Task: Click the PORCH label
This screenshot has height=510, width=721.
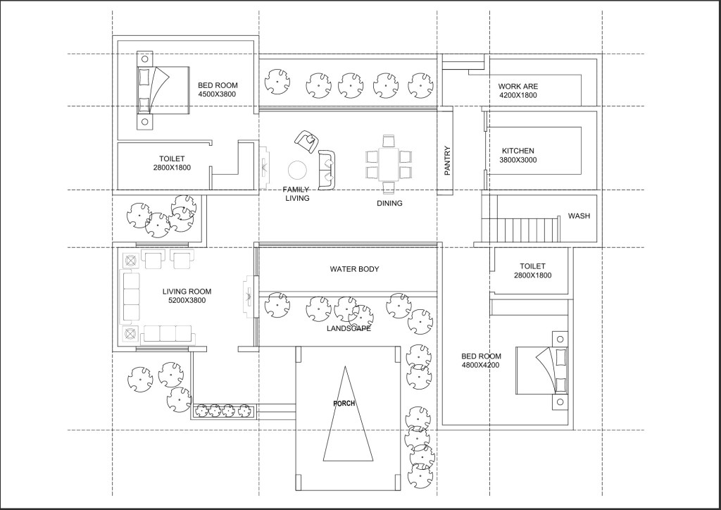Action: [344, 404]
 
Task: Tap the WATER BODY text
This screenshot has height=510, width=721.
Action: [355, 269]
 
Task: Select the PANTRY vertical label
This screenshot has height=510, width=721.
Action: [447, 161]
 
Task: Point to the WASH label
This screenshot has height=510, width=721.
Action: [579, 216]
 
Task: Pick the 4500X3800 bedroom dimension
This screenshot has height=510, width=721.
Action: [217, 94]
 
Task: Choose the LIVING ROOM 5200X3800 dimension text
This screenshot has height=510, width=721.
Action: [187, 300]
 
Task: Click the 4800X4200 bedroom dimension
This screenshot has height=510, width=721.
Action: [480, 365]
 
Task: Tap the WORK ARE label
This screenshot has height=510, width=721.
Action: [518, 86]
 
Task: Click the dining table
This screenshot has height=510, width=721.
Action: [389, 164]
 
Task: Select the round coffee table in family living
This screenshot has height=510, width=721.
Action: [298, 170]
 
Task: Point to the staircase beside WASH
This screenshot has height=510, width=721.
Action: [520, 230]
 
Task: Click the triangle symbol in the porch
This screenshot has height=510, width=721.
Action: [348, 413]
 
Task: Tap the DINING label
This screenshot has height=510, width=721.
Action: [389, 204]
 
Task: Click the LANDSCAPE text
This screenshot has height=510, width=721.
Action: [349, 328]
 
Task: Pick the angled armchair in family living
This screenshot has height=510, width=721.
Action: [306, 141]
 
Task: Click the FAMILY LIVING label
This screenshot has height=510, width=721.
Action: [296, 194]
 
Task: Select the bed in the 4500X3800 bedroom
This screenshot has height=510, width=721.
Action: [163, 90]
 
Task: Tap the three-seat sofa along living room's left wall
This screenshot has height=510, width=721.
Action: [130, 297]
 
